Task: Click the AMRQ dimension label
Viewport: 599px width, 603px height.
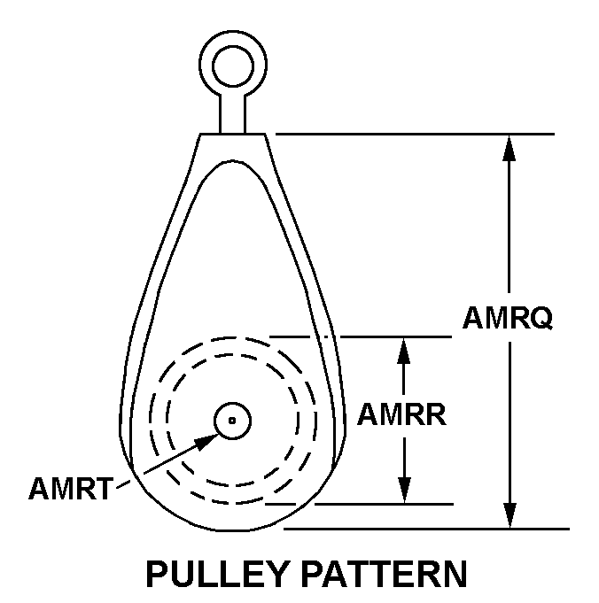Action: pos(508,318)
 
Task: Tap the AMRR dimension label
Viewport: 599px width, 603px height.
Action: pos(402,414)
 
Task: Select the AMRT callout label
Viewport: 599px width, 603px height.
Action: pos(71,488)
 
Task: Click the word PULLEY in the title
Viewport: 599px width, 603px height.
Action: pos(218,574)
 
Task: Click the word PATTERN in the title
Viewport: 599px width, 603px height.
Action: pos(384,574)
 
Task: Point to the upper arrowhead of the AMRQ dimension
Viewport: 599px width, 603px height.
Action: pos(509,148)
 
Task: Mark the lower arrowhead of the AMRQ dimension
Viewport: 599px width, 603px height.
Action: pos(510,515)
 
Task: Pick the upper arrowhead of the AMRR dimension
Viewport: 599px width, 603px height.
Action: pos(403,351)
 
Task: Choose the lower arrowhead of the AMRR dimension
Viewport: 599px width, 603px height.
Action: pos(404,490)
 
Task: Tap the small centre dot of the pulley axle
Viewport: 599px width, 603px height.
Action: pos(232,421)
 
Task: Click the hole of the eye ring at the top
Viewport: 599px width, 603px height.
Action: pos(233,66)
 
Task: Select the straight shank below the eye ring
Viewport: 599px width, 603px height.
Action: pos(232,113)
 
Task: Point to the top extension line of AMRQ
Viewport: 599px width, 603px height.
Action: pos(416,135)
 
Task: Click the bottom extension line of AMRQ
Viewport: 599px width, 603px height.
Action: pos(426,530)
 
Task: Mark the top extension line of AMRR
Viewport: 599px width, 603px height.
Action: pos(361,336)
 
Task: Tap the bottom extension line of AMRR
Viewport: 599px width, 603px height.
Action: pos(360,504)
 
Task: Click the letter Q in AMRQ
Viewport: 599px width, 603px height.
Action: pos(541,319)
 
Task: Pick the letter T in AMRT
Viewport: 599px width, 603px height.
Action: pos(103,489)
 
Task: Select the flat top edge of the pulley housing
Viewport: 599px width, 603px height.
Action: pos(232,134)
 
